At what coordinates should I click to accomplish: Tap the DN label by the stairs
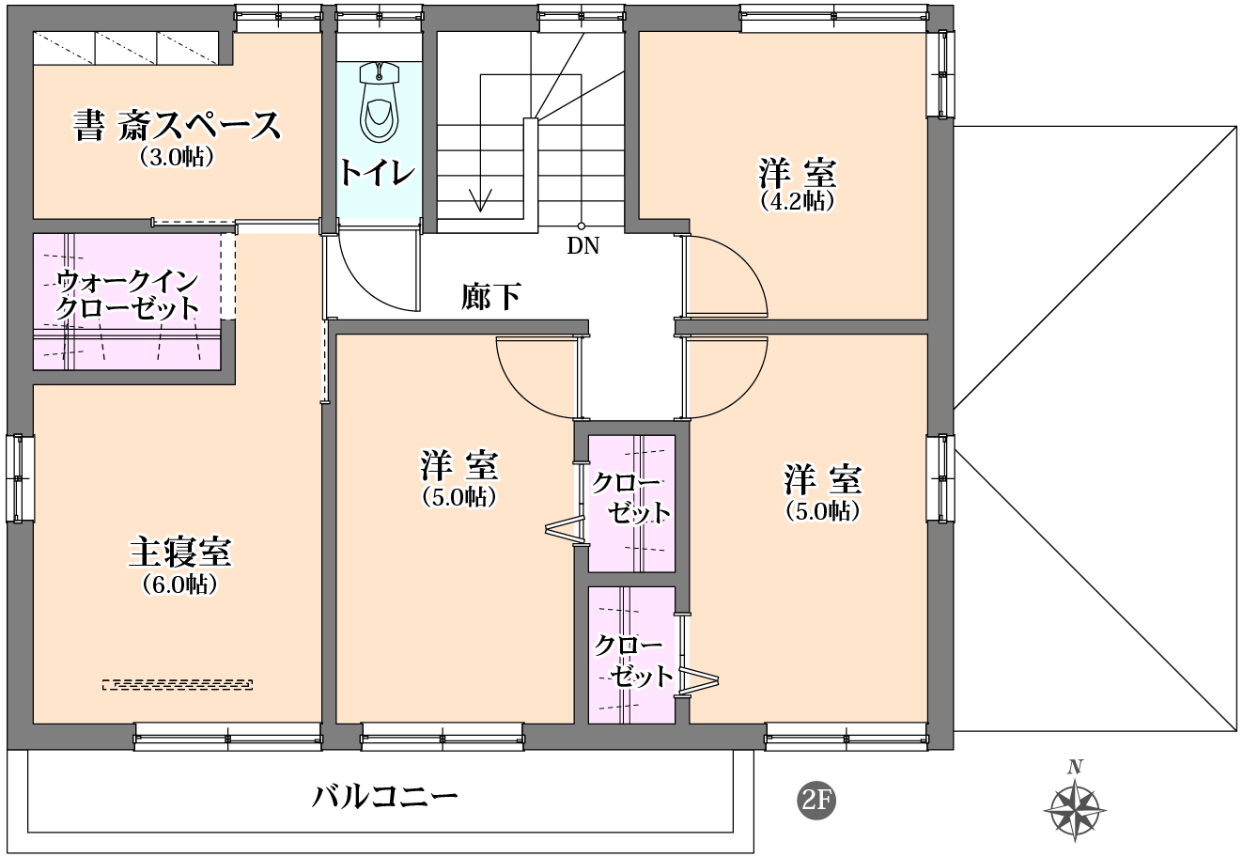tap(583, 247)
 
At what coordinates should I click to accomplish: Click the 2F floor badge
tap(816, 800)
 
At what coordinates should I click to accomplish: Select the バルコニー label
tap(386, 798)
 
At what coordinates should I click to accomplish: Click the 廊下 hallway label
tap(490, 297)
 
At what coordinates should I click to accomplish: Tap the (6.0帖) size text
tap(180, 584)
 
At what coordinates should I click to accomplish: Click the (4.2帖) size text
tap(797, 200)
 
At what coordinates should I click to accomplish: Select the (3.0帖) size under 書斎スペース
tap(178, 156)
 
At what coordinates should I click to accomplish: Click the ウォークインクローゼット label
tap(128, 294)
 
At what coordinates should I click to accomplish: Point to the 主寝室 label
tap(179, 553)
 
